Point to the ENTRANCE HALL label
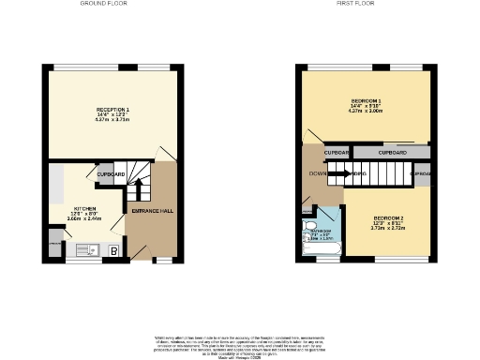(x=152, y=211)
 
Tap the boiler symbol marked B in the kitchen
(x=113, y=250)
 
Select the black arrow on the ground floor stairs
(x=139, y=188)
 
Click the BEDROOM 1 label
(x=366, y=100)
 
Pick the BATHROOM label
(x=322, y=231)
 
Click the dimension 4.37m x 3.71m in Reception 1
(x=112, y=121)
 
